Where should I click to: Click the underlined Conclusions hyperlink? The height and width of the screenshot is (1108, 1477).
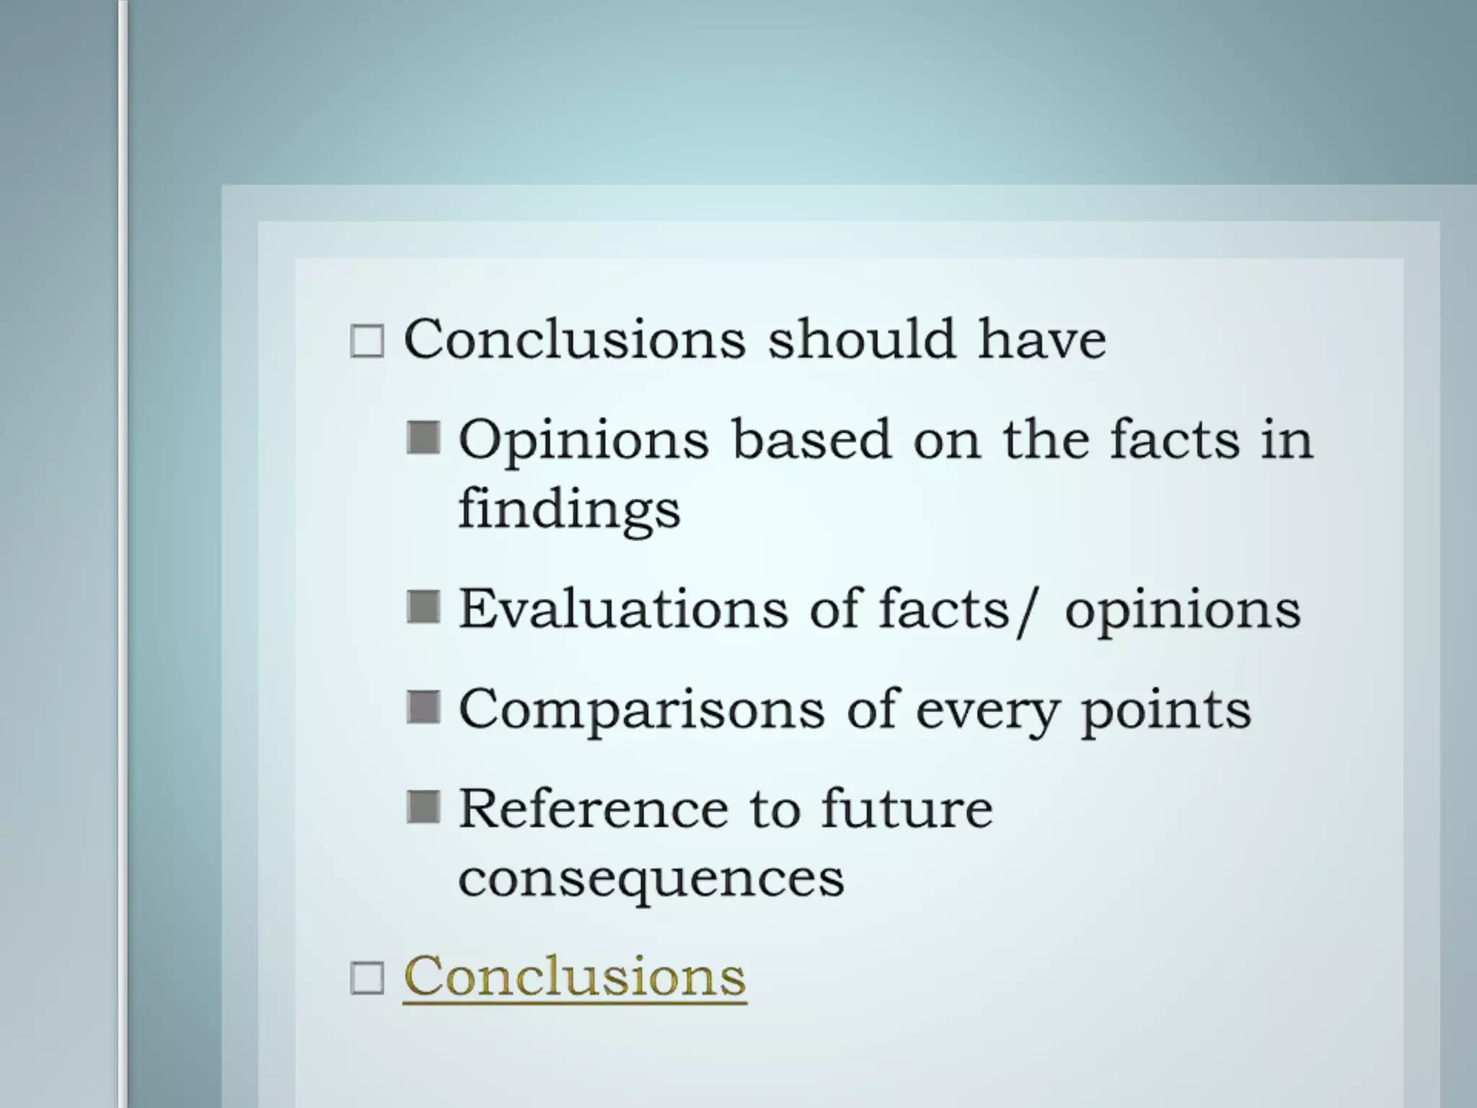[574, 977]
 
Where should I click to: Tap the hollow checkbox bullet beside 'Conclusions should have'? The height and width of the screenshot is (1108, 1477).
[366, 341]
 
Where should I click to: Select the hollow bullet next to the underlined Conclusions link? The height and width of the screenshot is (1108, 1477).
[366, 979]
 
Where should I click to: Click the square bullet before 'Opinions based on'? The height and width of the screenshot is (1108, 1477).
[423, 438]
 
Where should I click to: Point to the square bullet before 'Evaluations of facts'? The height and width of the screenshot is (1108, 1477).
[423, 607]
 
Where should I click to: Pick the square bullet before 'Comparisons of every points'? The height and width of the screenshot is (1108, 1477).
[423, 707]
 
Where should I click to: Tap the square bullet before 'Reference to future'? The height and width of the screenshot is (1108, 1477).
[423, 806]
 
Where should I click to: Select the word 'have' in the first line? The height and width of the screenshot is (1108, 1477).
[1041, 339]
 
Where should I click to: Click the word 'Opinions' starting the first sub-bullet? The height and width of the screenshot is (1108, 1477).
[583, 440]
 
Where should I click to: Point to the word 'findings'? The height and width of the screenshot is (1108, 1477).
[569, 509]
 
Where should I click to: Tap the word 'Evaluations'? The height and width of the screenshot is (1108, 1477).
[623, 610]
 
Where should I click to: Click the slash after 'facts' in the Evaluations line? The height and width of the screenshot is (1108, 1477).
[1026, 612]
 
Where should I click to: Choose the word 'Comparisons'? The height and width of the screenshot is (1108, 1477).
[641, 709]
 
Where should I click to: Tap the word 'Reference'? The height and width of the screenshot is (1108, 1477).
[593, 809]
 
